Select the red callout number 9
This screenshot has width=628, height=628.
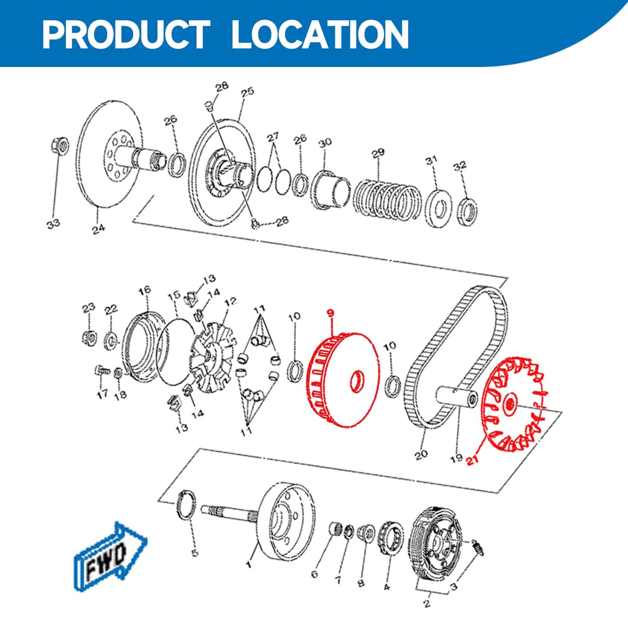coord(331,312)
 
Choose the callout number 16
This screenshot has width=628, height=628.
coord(144,290)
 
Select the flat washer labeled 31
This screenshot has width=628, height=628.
coord(438,210)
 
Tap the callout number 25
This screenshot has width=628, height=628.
coord(247,92)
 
